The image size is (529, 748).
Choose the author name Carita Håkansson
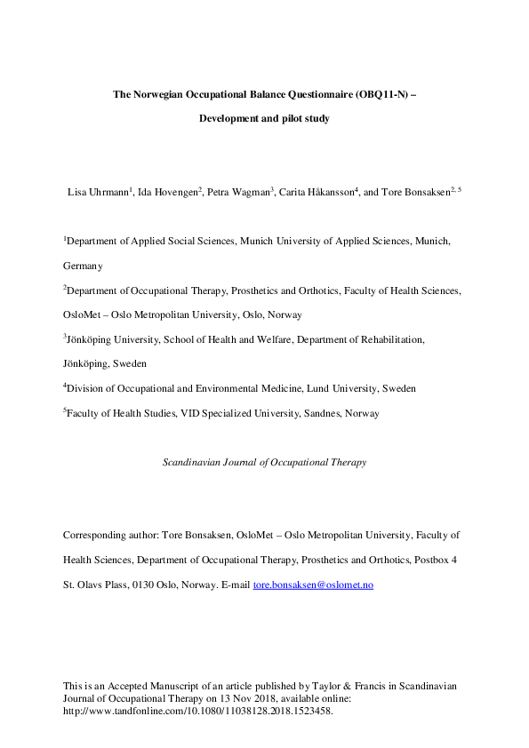[x=317, y=191]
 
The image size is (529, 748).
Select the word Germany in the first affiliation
[x=83, y=265]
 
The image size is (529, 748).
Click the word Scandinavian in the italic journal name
[x=193, y=462]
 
